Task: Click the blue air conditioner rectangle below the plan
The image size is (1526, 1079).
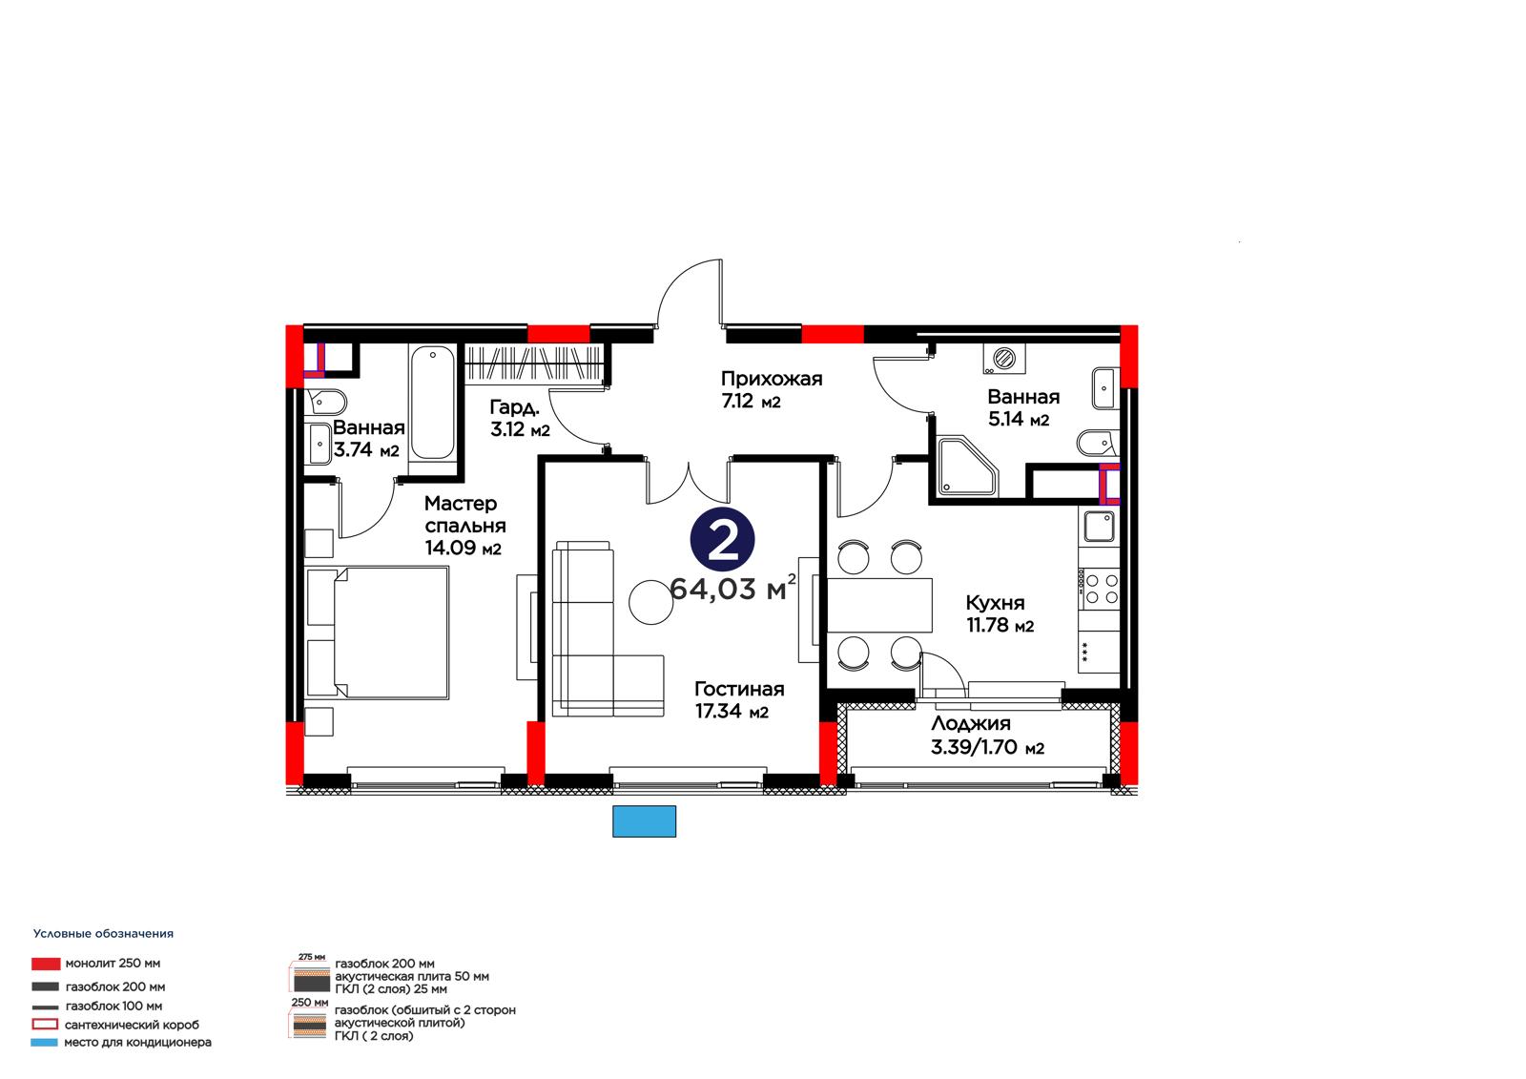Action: [644, 820]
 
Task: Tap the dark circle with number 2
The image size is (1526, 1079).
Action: [722, 539]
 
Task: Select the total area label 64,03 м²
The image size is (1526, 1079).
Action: [732, 588]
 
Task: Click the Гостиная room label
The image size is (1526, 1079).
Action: [739, 689]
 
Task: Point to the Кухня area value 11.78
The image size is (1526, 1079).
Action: [988, 624]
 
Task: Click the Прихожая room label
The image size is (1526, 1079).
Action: [772, 379]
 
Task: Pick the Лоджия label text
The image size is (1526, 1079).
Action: [971, 724]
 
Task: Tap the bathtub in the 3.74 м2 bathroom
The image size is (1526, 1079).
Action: [433, 404]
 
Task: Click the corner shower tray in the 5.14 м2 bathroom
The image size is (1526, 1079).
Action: [967, 467]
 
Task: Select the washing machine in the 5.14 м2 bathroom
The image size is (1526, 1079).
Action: [1004, 359]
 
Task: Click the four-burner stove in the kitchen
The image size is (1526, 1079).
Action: [1099, 589]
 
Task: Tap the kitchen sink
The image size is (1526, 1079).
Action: [1099, 527]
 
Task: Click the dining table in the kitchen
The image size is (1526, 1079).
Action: [878, 605]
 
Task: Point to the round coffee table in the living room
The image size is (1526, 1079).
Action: [650, 602]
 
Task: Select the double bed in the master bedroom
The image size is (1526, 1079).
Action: [378, 633]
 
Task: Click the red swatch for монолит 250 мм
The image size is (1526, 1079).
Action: [46, 964]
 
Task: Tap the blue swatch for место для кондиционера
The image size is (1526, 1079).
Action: [44, 1042]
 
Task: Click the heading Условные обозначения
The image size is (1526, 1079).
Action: [104, 934]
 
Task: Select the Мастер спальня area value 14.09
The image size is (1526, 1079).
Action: [449, 548]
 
